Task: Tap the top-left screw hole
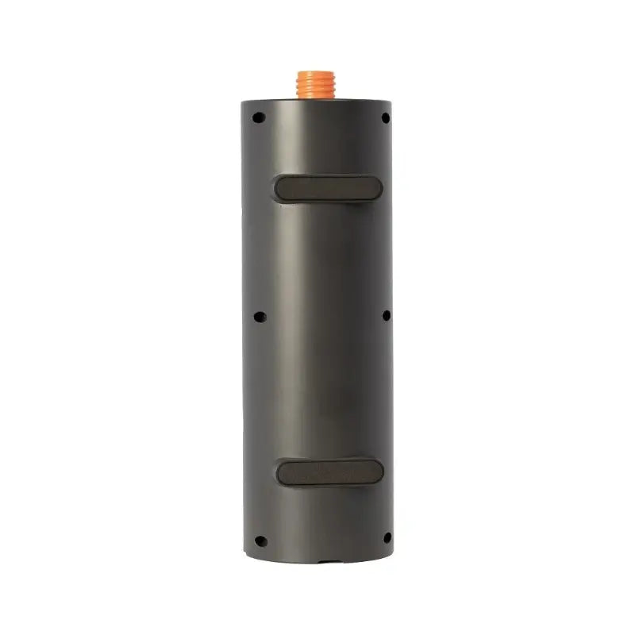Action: pos(259,117)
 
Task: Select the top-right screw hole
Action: pos(386,117)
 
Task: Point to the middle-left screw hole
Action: pos(260,316)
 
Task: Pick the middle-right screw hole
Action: pos(387,315)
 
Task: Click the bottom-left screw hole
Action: pos(260,541)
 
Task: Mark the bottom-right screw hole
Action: pos(387,538)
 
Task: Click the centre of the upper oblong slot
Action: pos(329,188)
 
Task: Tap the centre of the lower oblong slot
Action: pos(329,471)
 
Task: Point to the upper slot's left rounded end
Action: pos(280,188)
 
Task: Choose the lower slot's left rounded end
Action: pos(282,472)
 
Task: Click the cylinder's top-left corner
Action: pos(245,102)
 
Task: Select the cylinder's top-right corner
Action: pos(391,101)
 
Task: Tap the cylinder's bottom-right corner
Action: pos(391,554)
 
